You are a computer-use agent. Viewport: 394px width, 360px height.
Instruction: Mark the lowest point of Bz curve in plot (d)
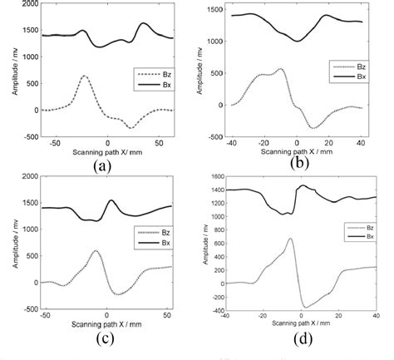(304, 308)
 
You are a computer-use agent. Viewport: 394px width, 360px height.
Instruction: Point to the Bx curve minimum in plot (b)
(297, 41)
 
